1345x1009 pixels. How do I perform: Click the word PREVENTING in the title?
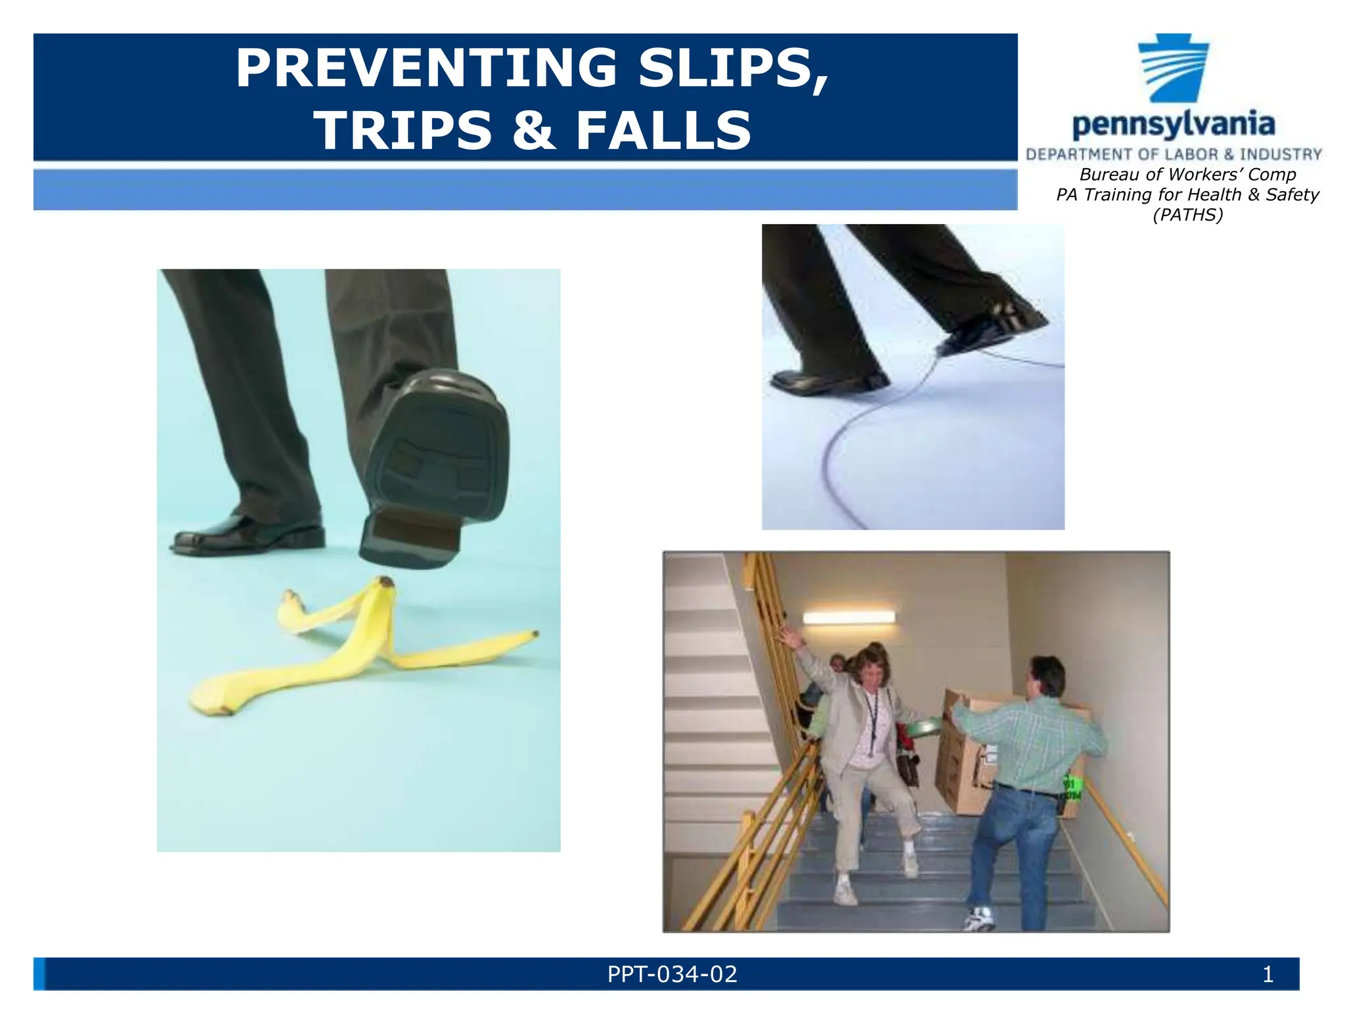click(426, 68)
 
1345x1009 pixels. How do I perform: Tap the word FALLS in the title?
click(663, 130)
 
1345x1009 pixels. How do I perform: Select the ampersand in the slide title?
click(533, 130)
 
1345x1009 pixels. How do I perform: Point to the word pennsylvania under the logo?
click(1174, 125)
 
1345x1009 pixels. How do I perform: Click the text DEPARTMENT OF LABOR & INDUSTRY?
click(1174, 154)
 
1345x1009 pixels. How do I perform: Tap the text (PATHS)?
click(1187, 215)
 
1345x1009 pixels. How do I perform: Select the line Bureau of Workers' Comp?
click(1187, 175)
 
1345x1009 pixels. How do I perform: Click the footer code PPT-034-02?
click(672, 974)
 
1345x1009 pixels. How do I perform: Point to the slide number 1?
click(1268, 974)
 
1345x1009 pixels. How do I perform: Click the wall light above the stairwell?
click(849, 617)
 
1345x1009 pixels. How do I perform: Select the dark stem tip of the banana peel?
click(386, 581)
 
